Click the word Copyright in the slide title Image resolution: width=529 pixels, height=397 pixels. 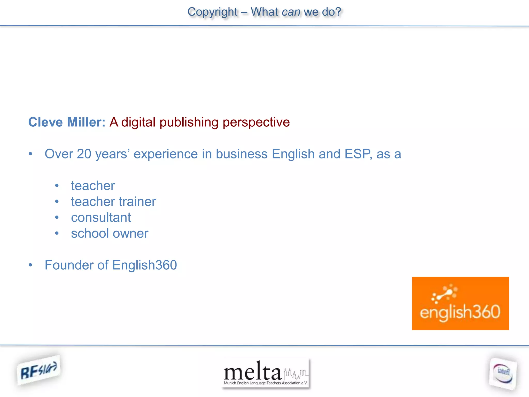click(x=212, y=12)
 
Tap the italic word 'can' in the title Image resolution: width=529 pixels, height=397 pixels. click(x=291, y=12)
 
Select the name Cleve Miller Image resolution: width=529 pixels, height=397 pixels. click(x=67, y=122)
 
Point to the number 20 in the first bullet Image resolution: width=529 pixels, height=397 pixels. click(x=84, y=154)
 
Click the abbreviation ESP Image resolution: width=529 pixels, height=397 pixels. click(x=358, y=154)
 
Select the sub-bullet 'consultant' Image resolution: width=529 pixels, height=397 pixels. click(x=101, y=217)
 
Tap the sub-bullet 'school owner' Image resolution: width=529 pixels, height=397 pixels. click(x=110, y=233)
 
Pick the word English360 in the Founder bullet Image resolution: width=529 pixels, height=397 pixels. click(x=144, y=265)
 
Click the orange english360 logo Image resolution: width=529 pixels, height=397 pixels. click(x=460, y=303)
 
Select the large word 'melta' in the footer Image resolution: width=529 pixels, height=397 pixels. click(x=252, y=371)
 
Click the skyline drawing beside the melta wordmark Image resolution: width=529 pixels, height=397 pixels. click(x=295, y=373)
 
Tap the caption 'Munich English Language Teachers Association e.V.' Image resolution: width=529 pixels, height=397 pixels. click(x=265, y=383)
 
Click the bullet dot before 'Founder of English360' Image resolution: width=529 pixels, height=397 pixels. click(x=30, y=265)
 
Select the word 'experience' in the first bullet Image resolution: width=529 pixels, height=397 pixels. click(x=166, y=154)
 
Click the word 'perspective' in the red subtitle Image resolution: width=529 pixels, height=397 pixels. click(x=256, y=123)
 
